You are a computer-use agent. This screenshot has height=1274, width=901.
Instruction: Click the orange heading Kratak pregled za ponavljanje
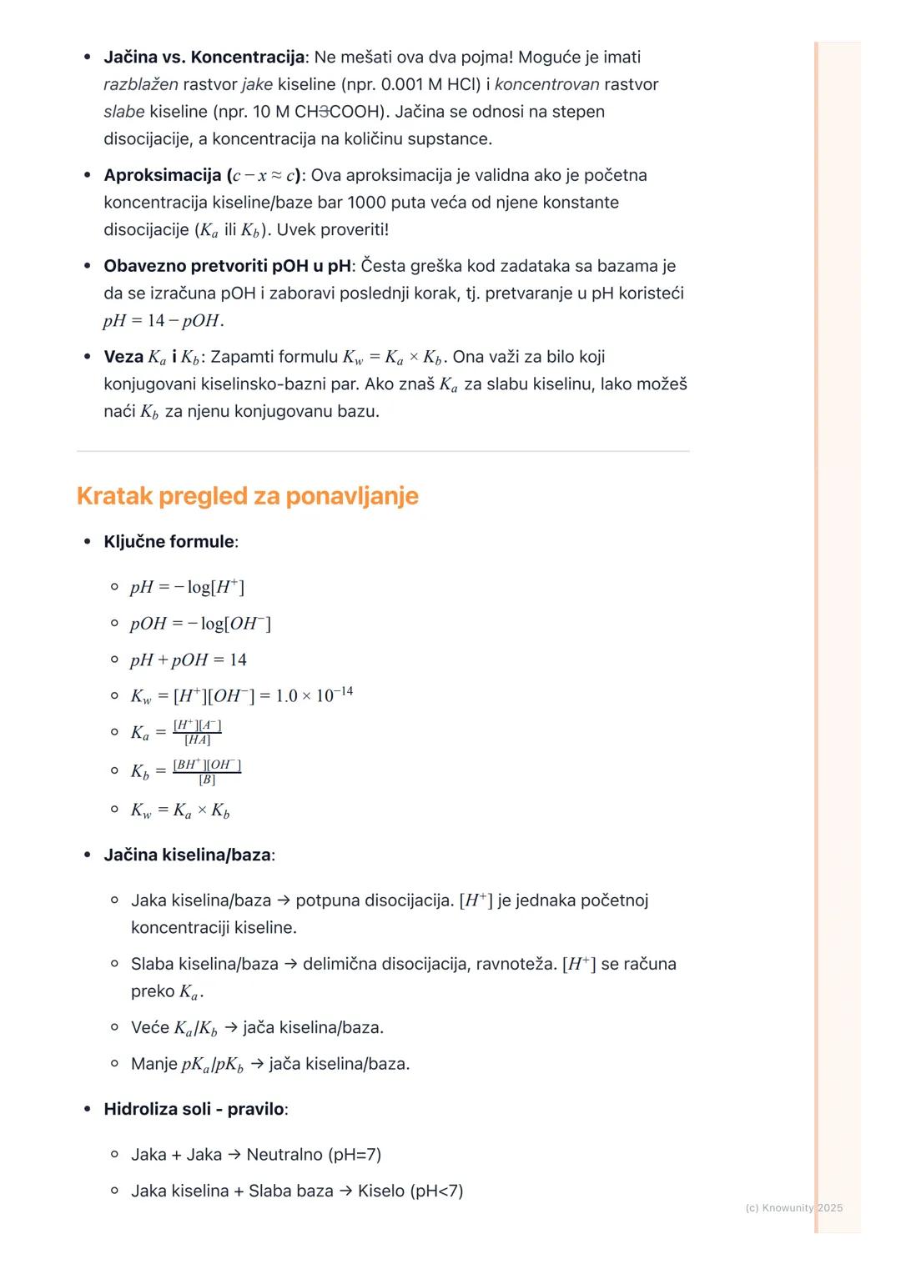point(247,496)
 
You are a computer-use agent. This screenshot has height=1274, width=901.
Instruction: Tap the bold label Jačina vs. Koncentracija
point(204,58)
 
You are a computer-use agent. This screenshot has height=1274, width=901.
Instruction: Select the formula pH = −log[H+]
point(187,587)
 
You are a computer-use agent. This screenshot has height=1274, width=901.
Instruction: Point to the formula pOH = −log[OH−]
point(200,624)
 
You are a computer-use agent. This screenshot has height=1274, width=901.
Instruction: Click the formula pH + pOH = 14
point(188,660)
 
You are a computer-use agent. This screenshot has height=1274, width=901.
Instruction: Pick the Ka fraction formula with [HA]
point(176,732)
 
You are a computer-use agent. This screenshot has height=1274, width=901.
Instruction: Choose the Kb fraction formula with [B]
point(185,771)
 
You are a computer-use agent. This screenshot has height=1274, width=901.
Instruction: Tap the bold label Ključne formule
point(169,542)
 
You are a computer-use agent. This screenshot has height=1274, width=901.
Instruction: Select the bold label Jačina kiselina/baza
point(188,855)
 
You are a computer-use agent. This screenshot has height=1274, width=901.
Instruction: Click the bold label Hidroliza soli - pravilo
point(194,1110)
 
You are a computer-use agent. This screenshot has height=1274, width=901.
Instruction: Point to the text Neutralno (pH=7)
point(314,1155)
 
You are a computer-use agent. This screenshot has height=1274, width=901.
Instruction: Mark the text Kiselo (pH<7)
point(410,1191)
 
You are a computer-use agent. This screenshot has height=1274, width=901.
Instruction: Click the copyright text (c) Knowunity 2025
point(793,1208)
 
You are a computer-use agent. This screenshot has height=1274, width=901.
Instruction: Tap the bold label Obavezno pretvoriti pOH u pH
point(227,266)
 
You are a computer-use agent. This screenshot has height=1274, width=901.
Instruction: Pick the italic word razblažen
point(140,84)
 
